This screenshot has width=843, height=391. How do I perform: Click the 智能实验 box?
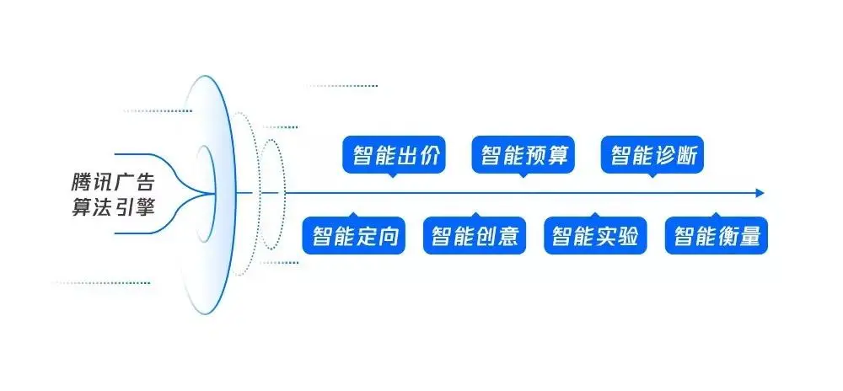point(595,236)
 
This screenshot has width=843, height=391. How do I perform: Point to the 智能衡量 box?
point(717,236)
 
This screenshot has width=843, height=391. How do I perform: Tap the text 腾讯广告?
point(113,181)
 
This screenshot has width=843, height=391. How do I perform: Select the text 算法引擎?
point(113,206)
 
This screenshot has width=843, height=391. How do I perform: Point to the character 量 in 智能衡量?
point(750,236)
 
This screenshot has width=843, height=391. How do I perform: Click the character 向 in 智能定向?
point(388,236)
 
